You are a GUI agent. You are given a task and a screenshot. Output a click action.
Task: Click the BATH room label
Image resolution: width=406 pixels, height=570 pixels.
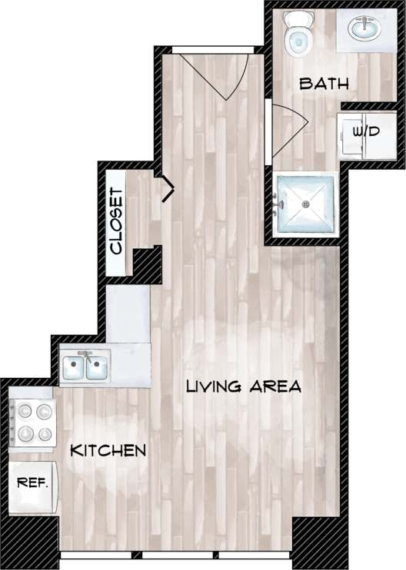click(324, 83)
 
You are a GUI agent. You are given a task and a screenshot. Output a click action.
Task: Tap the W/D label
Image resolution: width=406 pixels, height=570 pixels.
click(366, 132)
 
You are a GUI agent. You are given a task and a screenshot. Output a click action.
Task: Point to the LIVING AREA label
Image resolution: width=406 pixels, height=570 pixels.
click(243, 386)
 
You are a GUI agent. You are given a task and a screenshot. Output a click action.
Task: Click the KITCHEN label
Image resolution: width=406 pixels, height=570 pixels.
click(108, 450)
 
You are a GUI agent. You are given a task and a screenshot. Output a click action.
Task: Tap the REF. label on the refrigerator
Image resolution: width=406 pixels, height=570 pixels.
click(32, 483)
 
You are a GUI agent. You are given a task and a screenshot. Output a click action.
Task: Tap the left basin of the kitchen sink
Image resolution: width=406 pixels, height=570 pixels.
click(75, 367)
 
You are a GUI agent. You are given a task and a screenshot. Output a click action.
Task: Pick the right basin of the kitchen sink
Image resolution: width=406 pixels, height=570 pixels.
click(98, 367)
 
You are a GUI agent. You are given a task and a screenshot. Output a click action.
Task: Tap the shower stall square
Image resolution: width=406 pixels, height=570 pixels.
click(306, 204)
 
